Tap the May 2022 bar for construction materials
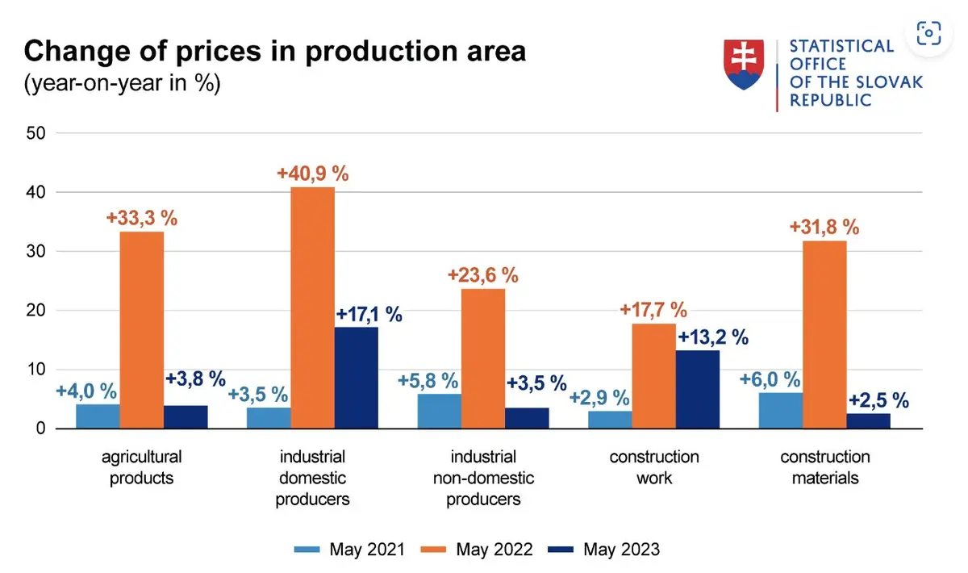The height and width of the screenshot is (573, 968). pos(825,334)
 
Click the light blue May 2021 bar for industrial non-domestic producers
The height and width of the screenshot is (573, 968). pos(440,411)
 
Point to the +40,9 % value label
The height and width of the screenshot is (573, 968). pos(312,174)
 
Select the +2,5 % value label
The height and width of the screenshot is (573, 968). pos(878,399)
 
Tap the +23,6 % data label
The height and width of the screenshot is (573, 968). pos(483,275)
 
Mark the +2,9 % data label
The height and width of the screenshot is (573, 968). pos(598,397)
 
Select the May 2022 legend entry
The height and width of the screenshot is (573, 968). pos(477,550)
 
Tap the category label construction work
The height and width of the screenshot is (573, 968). pos(654,467)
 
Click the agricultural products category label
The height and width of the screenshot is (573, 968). pos(142,467)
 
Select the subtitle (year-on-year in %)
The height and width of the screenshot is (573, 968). pos(122,83)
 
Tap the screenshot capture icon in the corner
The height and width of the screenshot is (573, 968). pos(928,33)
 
